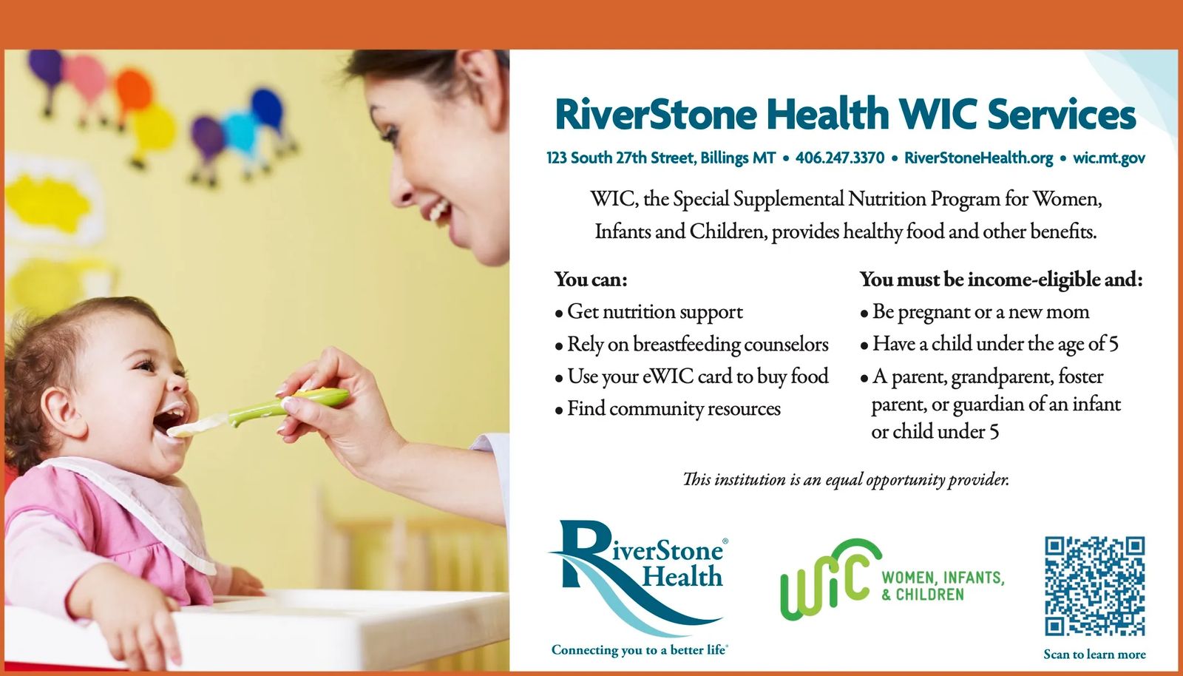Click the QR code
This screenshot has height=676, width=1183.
click(1094, 587)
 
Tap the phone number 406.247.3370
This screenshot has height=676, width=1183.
click(840, 158)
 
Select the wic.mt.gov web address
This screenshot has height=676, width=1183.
click(1109, 158)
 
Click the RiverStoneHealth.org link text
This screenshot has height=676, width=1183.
click(979, 158)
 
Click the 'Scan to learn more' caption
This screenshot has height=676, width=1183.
click(1094, 655)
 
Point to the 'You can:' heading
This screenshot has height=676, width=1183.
click(591, 280)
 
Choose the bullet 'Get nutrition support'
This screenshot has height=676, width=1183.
click(649, 312)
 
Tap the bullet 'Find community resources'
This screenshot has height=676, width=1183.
click(668, 409)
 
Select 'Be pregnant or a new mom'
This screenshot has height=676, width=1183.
click(975, 312)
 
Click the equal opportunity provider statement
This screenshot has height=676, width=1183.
click(846, 479)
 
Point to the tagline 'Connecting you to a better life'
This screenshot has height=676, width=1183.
click(639, 650)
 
